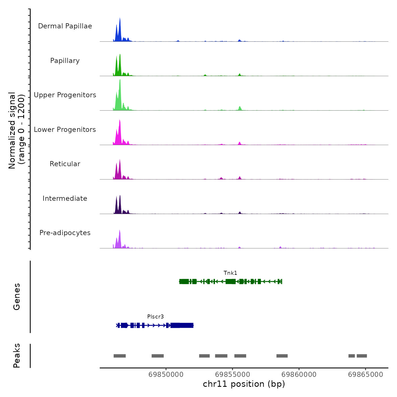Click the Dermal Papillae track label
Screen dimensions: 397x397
point(65,26)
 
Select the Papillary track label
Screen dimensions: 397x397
point(65,61)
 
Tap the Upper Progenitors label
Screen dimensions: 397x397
point(65,95)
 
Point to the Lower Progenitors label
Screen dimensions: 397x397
point(65,130)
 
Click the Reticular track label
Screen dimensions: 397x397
point(65,164)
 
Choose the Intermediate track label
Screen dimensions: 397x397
point(65,198)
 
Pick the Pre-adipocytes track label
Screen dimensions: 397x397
point(65,233)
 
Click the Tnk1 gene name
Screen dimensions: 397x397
point(230,273)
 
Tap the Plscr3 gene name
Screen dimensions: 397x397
point(155,317)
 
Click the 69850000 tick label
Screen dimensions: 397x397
point(166,375)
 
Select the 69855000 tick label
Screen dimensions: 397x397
point(233,375)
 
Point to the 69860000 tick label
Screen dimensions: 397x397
point(299,375)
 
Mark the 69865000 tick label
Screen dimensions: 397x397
point(366,375)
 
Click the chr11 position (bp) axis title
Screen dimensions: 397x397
point(244,384)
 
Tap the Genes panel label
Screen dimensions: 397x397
point(17,297)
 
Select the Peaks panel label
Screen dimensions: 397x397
point(17,356)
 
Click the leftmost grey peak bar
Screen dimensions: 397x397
point(120,356)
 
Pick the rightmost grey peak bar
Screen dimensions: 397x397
point(362,356)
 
